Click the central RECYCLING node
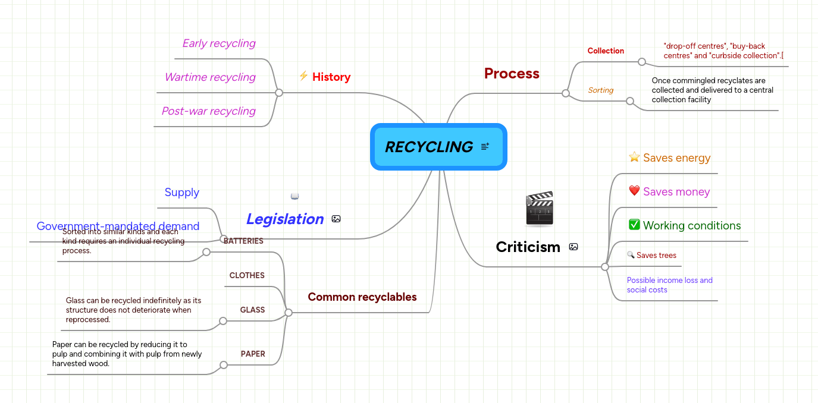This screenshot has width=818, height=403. point(429,147)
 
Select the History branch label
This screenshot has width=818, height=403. point(331,77)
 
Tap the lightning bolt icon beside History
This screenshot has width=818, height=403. point(303,76)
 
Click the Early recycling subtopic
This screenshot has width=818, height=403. point(218,43)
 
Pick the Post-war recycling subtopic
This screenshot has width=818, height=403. point(208,111)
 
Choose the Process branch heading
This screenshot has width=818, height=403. point(512,74)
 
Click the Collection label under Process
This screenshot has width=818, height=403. point(606,51)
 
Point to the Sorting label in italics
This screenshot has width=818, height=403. point(600,90)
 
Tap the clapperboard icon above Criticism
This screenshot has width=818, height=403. point(539,209)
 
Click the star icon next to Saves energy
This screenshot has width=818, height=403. point(634,157)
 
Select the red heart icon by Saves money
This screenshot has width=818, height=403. point(634,191)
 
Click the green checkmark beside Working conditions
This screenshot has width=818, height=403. point(634,225)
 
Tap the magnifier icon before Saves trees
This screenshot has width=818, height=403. point(631,255)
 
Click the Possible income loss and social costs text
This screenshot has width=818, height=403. point(669,285)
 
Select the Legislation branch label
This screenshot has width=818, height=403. point(285,219)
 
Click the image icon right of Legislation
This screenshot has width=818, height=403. point(336,219)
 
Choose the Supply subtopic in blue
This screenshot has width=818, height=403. point(181,193)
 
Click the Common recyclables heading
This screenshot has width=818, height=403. point(362,297)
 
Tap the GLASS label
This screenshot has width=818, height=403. point(252,310)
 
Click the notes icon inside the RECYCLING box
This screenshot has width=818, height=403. point(485,146)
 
